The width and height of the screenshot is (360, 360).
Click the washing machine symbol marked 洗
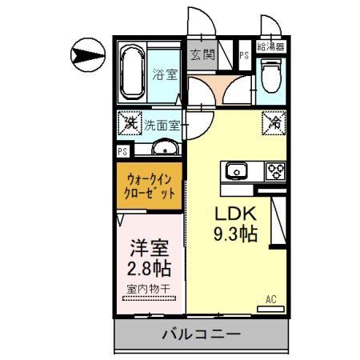pos(129,124)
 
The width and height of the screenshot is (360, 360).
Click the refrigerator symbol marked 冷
pos(274,124)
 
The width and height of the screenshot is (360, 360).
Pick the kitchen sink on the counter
pos(238,170)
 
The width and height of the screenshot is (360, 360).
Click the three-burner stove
pos(275,170)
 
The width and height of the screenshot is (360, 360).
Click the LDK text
pos(233,215)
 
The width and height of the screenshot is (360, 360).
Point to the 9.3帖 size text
pos(234,235)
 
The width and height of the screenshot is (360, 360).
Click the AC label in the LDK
pos(271,300)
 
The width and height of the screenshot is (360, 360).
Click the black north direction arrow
pos(87,54)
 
